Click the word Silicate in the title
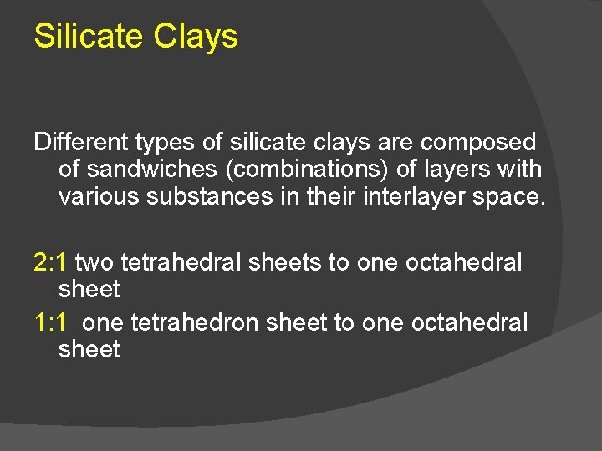tap(89, 36)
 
